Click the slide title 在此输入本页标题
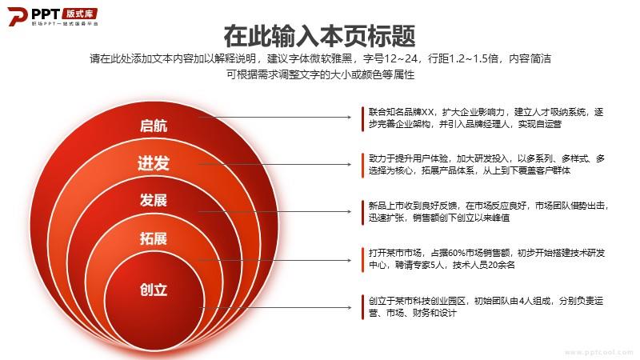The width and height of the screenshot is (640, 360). click(x=319, y=36)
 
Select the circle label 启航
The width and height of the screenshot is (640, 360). click(x=154, y=126)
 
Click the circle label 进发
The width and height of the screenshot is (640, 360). click(x=154, y=163)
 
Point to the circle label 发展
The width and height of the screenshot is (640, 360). click(x=154, y=200)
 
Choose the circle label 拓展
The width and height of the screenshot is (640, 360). click(x=154, y=238)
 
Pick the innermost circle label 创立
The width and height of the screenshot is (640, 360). click(x=154, y=290)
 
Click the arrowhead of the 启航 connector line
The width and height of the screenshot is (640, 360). click(x=350, y=117)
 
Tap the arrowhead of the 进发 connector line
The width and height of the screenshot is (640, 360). click(x=350, y=165)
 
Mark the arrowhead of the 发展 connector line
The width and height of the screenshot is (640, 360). click(x=350, y=211)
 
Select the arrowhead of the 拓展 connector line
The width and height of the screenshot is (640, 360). click(x=350, y=260)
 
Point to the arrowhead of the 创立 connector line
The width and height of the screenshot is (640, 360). click(x=350, y=307)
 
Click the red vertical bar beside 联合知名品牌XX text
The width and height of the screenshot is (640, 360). click(x=362, y=118)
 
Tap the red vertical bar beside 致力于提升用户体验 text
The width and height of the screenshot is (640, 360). click(x=362, y=166)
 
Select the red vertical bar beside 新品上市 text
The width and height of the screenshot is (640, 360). click(x=362, y=212)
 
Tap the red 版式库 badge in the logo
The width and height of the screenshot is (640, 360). click(x=80, y=14)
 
